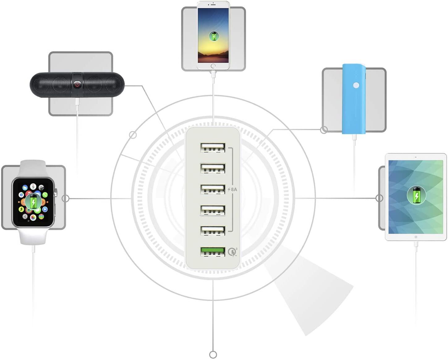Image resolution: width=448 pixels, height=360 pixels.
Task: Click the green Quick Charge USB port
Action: click(x=212, y=251)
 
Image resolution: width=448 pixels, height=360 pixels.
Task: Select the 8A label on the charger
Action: click(x=233, y=189)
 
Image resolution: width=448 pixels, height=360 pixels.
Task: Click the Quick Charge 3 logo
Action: click(x=233, y=252)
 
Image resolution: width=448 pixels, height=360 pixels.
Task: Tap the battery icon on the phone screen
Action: click(x=213, y=36)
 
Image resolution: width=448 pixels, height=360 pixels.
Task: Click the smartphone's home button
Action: click(x=213, y=66)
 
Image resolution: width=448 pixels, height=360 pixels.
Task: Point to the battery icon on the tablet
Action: click(x=416, y=195)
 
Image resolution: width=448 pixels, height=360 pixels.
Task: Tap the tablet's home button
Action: click(x=416, y=237)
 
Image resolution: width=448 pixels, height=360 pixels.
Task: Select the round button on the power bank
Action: click(x=356, y=85)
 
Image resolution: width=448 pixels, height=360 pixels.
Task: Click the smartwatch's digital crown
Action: click(x=56, y=193)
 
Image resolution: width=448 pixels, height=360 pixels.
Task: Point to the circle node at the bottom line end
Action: click(x=213, y=354)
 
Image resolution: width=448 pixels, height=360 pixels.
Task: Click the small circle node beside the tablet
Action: click(x=379, y=198)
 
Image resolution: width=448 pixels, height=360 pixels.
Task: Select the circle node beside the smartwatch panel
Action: click(x=66, y=198)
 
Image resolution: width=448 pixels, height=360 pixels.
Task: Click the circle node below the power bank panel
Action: click(x=324, y=130)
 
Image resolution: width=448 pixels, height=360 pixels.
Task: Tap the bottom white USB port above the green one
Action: click(x=212, y=231)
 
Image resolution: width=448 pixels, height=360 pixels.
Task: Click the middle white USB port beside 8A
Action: click(x=212, y=189)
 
